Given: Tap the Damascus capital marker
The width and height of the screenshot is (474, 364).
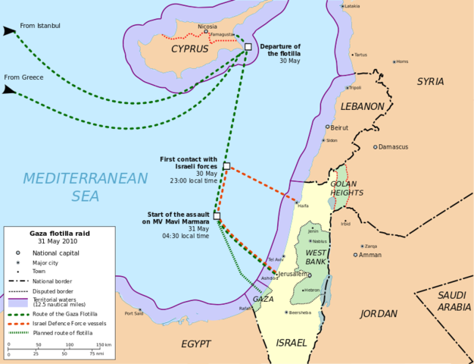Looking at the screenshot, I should pyautogui.click(x=375, y=147).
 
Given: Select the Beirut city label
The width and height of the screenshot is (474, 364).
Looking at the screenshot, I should pyautogui.click(x=339, y=127).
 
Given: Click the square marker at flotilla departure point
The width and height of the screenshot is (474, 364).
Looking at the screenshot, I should pyautogui.click(x=248, y=47).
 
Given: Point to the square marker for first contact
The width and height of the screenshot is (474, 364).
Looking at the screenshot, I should pyautogui.click(x=226, y=166).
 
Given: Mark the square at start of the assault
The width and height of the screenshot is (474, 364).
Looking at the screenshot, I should pyautogui.click(x=217, y=216).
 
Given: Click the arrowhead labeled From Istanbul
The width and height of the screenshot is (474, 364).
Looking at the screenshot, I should pyautogui.click(x=8, y=32).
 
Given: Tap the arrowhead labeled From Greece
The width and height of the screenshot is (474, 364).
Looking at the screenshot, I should pyautogui.click(x=8, y=89).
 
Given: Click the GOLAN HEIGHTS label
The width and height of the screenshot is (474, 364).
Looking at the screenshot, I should pyautogui.click(x=347, y=188).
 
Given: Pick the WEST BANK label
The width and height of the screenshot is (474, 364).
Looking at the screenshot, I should pyautogui.click(x=316, y=256).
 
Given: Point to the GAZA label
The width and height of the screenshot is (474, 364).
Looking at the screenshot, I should pyautogui.click(x=263, y=299).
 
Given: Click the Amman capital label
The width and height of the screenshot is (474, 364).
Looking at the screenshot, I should pyautogui.click(x=370, y=255).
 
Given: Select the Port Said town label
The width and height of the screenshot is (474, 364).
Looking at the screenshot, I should pyautogui.click(x=134, y=312).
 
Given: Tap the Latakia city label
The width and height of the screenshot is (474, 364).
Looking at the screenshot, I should pyautogui.click(x=352, y=6).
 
